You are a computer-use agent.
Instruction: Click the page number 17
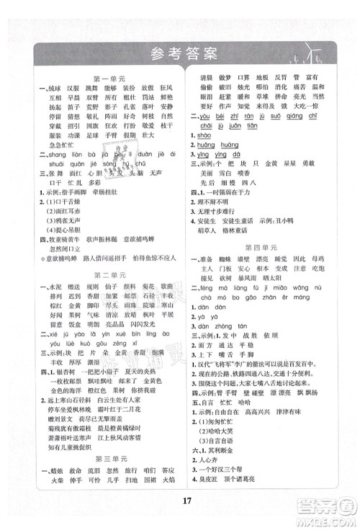pyautogui.click(x=180, y=513)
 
